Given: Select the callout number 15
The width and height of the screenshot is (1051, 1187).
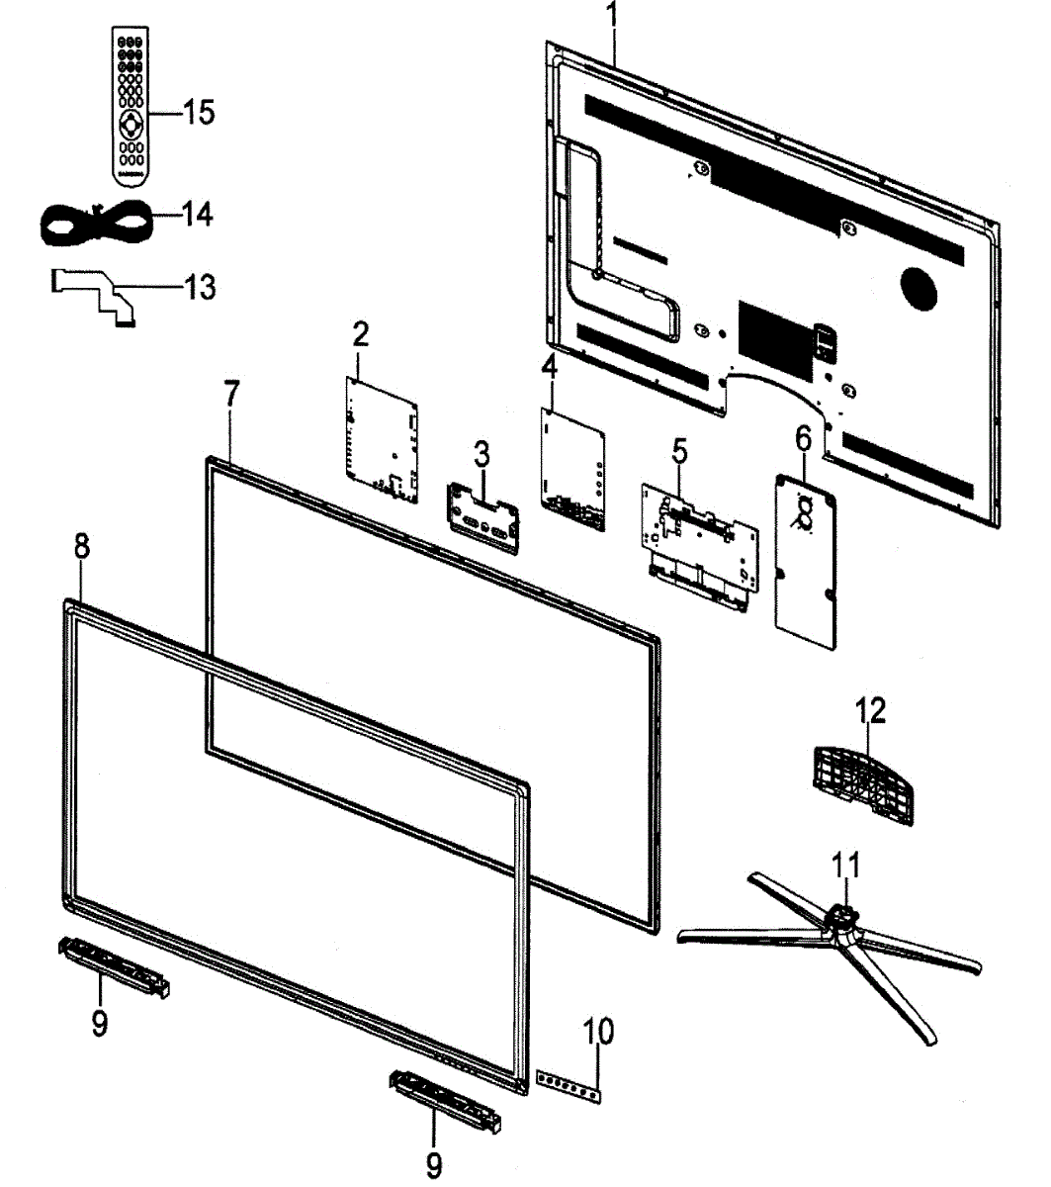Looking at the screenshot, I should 197,112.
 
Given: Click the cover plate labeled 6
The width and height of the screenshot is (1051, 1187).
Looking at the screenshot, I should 805,560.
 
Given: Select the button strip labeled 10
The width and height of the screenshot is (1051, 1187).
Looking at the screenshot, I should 569,1085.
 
